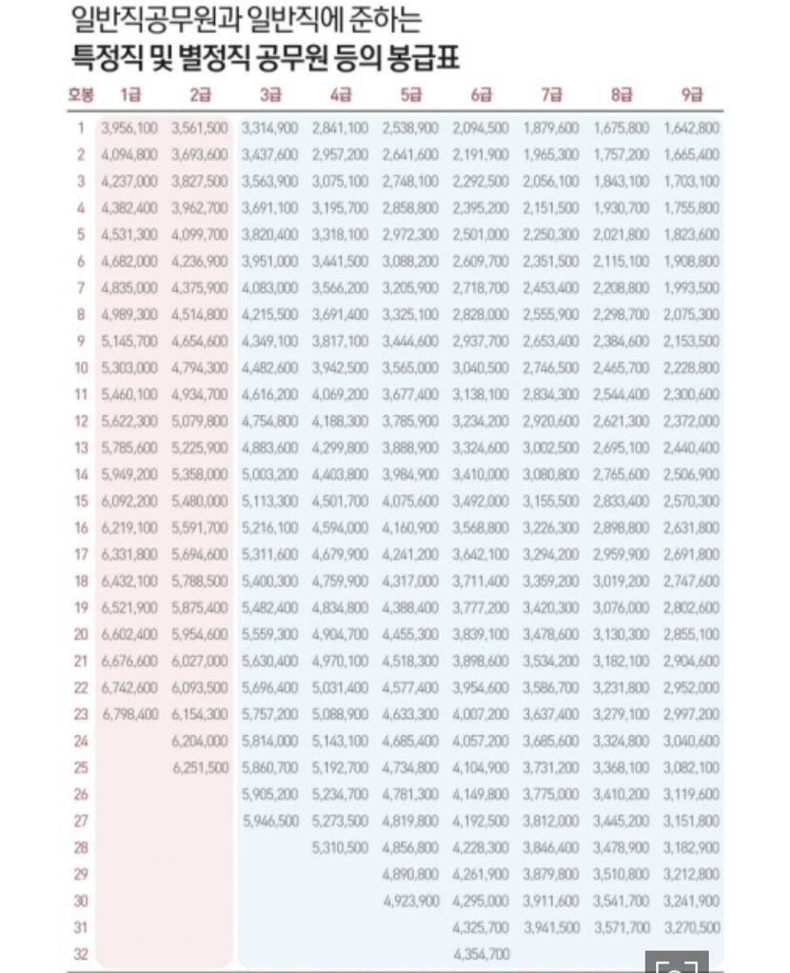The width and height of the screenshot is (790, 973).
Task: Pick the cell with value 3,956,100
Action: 130,128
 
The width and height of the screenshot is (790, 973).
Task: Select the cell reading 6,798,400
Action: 130,714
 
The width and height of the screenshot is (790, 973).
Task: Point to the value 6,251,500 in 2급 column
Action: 200,767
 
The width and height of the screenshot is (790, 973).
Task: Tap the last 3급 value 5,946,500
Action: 270,821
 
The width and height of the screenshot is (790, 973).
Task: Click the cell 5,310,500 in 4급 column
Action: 340,847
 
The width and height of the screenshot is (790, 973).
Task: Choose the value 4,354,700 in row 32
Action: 481,954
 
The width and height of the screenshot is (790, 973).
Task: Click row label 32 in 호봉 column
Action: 81,954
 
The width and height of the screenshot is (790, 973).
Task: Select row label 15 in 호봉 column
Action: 81,501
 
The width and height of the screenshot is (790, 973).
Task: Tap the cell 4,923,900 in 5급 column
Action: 410,901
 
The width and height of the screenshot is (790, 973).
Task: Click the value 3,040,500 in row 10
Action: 481,367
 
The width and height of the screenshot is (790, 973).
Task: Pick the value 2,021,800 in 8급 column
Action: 622,234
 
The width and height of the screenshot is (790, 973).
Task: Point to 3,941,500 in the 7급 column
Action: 551,927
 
